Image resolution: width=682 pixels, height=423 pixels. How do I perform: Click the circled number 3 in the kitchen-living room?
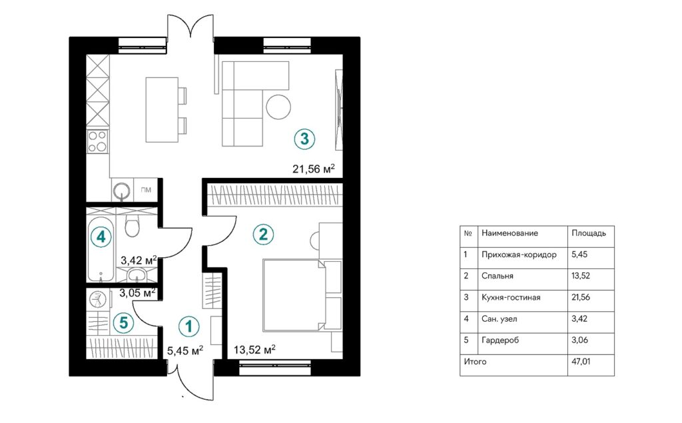click(304, 139)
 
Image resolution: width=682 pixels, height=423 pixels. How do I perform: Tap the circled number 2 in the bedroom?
click(263, 234)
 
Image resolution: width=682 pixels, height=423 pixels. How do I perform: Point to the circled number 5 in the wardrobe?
click(123, 323)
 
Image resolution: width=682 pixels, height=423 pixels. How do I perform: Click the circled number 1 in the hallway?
click(189, 326)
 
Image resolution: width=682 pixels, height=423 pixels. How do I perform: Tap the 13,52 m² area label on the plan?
click(254, 349)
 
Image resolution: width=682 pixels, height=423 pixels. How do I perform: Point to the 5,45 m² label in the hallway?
click(183, 349)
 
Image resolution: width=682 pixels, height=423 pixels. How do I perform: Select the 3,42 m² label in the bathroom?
click(138, 260)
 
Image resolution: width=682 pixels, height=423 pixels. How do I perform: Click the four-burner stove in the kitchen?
click(98, 141)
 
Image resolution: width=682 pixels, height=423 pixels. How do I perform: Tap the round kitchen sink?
click(122, 191)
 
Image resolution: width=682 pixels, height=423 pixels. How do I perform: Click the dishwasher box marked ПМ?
click(146, 191)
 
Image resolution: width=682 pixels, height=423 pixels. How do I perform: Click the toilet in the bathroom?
click(132, 226)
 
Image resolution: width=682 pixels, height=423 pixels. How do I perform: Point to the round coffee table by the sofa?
click(278, 107)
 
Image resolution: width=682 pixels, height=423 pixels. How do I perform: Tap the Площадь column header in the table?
click(589, 234)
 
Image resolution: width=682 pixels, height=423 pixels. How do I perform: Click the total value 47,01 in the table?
click(581, 362)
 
